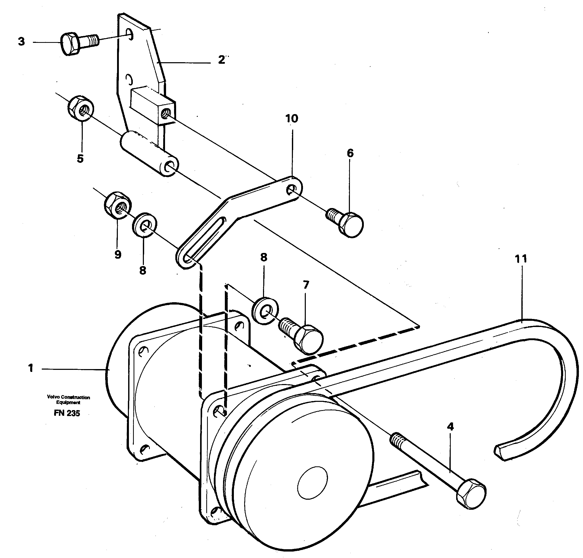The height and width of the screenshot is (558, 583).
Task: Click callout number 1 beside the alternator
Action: pos(31,368)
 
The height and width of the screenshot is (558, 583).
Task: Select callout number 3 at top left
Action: pos(21,42)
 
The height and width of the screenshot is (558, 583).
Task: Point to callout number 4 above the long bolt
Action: pos(450,427)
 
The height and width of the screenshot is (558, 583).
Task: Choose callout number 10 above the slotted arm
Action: pos(291,119)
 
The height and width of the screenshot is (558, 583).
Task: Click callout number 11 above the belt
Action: pos(521,259)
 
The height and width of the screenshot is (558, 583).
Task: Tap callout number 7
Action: pos(306,285)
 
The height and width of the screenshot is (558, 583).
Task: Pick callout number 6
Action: pos(350,153)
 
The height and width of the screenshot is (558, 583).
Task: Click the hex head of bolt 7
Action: pos(309,340)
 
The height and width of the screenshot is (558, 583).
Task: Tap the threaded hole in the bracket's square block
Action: pos(165,113)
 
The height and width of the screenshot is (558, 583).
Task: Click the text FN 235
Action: pos(67,413)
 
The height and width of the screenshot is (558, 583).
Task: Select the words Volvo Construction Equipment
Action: pos(68,400)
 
